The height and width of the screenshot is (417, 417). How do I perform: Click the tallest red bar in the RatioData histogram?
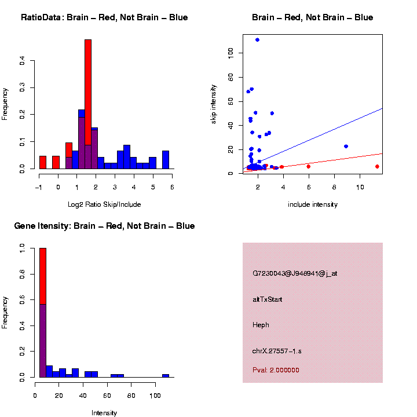(88, 93)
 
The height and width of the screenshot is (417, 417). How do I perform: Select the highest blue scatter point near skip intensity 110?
(257, 40)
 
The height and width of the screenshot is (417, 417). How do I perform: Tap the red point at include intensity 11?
(377, 166)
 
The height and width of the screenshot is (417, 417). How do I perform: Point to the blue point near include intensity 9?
(346, 147)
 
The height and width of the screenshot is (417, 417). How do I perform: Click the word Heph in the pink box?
(261, 325)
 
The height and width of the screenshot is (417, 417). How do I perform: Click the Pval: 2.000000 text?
(276, 370)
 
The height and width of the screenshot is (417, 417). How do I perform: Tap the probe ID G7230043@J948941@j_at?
(295, 273)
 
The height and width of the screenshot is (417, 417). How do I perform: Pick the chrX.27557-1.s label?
(277, 351)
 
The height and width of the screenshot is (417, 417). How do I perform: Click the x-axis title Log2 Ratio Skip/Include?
(104, 204)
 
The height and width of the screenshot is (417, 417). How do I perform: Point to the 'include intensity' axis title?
(313, 204)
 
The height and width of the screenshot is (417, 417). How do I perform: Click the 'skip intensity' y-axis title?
(214, 103)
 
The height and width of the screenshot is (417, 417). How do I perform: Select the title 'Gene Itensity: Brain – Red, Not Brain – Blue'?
(104, 226)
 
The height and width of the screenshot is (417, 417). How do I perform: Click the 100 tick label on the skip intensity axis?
(231, 52)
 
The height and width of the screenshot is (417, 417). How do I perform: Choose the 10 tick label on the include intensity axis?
(360, 186)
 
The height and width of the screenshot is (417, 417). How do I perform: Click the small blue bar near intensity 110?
(166, 375)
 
